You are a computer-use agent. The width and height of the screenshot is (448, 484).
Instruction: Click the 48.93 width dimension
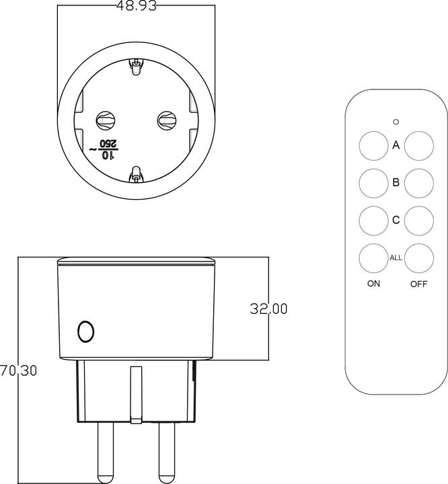pos(136,6)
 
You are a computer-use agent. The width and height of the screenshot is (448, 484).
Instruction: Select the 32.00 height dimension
pos(268,309)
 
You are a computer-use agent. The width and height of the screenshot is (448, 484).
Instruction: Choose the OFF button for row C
pos(418,220)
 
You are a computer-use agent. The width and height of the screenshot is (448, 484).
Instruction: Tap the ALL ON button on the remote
pos(371,257)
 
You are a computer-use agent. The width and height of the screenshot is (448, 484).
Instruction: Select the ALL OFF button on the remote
pos(418,257)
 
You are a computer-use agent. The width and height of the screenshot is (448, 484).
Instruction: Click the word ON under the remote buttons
pos(373,284)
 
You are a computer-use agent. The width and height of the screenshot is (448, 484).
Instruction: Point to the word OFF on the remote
pos(418,284)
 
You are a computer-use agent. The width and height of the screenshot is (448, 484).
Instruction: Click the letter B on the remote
pos(396,182)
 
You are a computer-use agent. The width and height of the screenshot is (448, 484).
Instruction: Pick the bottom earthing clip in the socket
pos(136,175)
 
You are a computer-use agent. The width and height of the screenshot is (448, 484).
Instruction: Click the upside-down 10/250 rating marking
pos(107,149)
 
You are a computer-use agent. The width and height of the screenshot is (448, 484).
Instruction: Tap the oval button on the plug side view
pos(85,331)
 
